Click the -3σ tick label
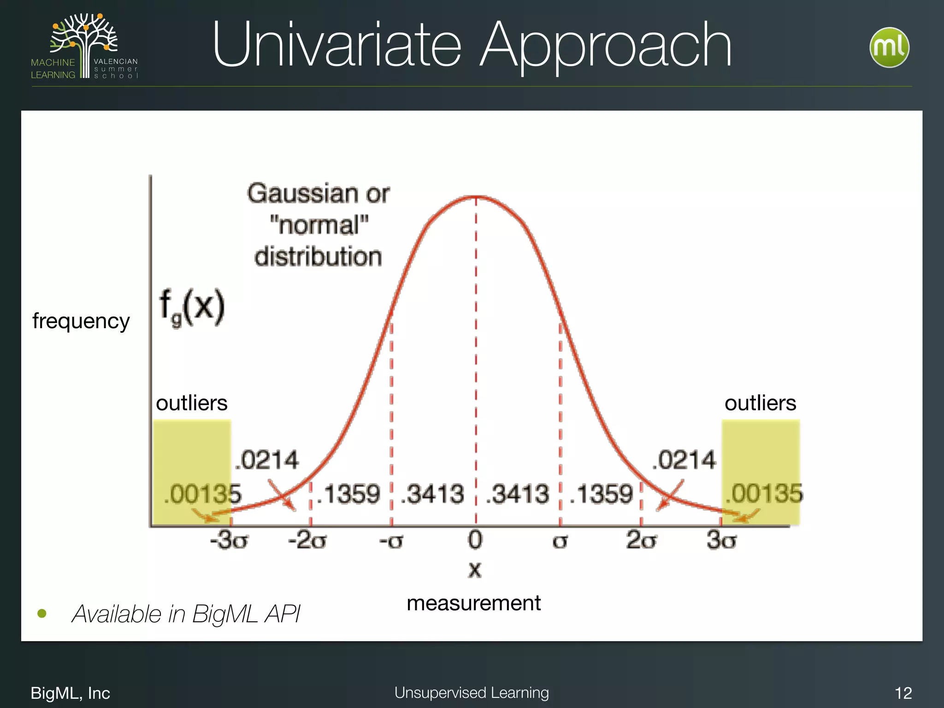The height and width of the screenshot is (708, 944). coord(229,540)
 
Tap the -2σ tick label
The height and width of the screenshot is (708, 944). coord(307,540)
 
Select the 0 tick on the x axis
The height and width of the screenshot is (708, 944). coord(475,540)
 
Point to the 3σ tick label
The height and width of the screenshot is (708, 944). coord(722,540)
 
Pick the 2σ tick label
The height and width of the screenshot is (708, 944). coord(641,540)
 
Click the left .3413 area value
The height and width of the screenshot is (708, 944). coord(432,494)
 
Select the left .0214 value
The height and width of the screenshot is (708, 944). coord(267,460)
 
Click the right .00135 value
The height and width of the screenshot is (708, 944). coord(764,493)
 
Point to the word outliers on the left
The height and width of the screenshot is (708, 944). coord(192,403)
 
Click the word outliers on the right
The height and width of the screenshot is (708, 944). coord(761,403)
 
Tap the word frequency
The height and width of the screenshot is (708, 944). coord(81,321)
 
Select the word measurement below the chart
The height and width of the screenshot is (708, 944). coord(474,603)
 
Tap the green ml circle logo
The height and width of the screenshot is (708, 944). coord(889,47)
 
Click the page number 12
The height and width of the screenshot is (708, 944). coord(903,693)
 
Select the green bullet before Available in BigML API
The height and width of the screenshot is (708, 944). coord(42,614)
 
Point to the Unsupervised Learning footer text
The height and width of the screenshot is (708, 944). coord(472,693)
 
